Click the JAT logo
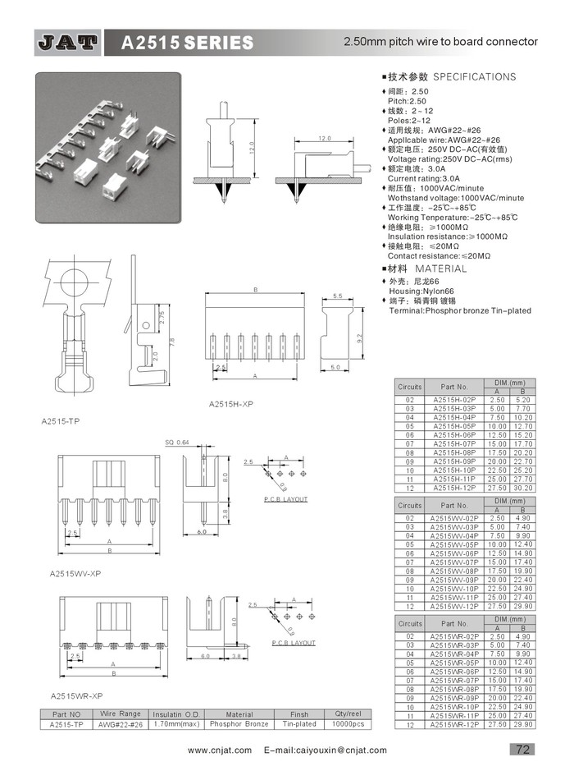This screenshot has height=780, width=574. [68, 41]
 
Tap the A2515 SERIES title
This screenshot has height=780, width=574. [187, 42]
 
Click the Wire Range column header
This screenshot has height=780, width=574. [121, 714]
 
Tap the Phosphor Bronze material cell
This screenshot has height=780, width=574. [239, 724]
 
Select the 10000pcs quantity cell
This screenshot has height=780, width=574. [349, 724]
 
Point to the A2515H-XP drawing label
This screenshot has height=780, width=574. [231, 405]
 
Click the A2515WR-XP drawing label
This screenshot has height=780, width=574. [75, 695]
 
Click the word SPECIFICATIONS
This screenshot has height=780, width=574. [475, 77]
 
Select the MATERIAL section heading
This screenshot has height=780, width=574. [440, 268]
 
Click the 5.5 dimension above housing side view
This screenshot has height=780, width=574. [338, 296]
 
